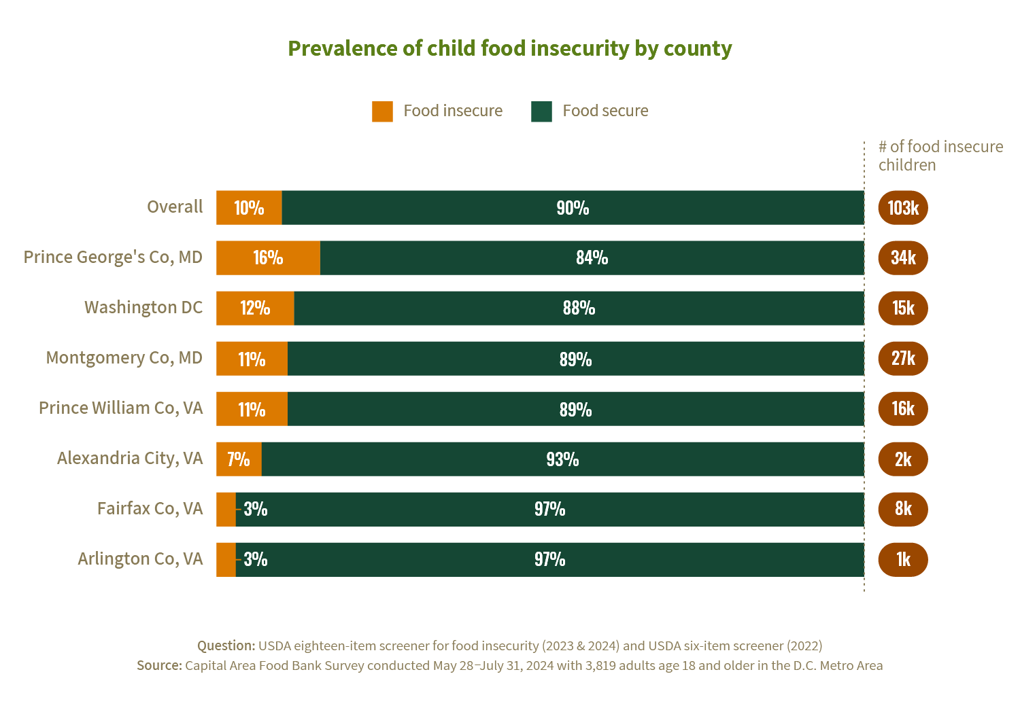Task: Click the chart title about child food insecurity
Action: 509,49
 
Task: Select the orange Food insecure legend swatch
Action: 382,111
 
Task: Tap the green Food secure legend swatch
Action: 541,111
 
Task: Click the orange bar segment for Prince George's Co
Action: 268,258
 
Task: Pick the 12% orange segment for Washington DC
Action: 255,308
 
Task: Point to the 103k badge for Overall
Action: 902,208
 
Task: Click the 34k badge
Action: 902,258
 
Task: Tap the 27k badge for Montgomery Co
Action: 902,358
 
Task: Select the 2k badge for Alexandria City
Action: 902,459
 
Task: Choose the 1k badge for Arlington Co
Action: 902,559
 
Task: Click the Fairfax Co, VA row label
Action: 150,508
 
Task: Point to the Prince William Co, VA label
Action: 120,408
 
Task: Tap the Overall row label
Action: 175,207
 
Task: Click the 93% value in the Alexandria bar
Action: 562,459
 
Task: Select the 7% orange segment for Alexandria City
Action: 239,459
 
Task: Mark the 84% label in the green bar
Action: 592,258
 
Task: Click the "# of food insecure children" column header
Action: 940,156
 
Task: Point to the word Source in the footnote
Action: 158,665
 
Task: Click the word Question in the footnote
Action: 226,645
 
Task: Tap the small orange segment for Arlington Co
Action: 226,559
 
